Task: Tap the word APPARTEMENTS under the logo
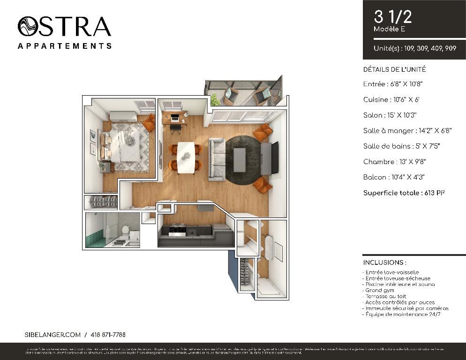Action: [64, 46]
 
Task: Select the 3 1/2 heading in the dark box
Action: [393, 17]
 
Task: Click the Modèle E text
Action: [389, 29]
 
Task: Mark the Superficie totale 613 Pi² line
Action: [404, 193]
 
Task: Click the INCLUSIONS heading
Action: [384, 262]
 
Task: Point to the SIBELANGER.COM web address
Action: [53, 335]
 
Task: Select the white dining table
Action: [186, 157]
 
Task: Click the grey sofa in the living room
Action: [216, 158]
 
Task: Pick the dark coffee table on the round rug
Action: [239, 160]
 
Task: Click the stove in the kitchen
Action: [178, 230]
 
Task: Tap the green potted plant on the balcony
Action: [215, 99]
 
